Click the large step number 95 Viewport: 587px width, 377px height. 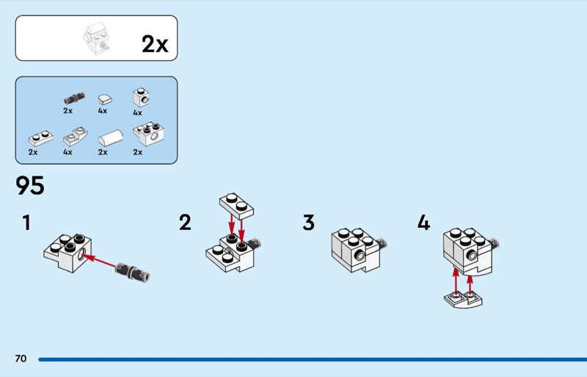(x=30, y=185)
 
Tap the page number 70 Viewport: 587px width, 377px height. (x=21, y=359)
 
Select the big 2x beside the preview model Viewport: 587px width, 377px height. (x=155, y=44)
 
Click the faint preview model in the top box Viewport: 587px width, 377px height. (x=97, y=39)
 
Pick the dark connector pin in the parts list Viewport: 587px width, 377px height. (x=74, y=98)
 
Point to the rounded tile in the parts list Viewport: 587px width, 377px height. (x=105, y=99)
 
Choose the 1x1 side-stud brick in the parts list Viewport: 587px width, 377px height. (x=141, y=97)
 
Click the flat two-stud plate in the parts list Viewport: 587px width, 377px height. (x=40, y=138)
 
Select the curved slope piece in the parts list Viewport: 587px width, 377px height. (x=110, y=137)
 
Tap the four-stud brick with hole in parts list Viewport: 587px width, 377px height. (x=148, y=134)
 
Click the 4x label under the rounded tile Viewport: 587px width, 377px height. (x=103, y=111)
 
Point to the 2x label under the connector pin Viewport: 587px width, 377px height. (x=68, y=111)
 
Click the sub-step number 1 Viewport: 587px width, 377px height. (x=26, y=223)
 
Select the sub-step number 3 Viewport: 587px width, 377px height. (x=308, y=223)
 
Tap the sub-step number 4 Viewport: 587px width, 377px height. (x=424, y=223)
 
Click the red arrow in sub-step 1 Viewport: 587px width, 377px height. (x=100, y=262)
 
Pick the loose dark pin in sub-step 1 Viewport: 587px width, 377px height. (x=133, y=272)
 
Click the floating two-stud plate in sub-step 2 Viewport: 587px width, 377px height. (x=236, y=206)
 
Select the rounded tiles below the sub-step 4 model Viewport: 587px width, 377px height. (x=463, y=299)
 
